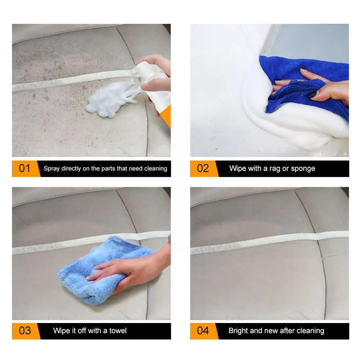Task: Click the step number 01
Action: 24,168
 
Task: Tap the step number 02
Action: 203,168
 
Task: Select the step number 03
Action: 24,331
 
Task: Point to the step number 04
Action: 203,331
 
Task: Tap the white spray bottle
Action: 154,83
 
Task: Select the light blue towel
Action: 101,271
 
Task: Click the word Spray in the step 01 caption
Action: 51,169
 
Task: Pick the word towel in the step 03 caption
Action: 118,331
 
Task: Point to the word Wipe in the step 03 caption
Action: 61,331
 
